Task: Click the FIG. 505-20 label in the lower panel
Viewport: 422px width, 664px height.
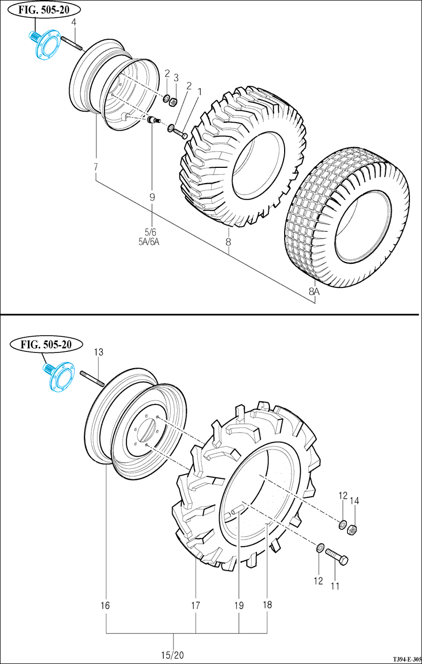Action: point(47,344)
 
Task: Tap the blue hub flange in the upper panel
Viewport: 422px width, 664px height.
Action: point(44,45)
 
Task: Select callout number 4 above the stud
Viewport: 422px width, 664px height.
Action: point(74,22)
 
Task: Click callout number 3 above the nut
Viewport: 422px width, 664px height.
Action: point(176,78)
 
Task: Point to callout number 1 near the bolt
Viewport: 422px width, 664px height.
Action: point(199,91)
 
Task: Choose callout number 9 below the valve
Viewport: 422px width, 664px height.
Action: point(152,197)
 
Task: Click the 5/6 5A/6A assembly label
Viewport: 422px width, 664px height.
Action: point(151,237)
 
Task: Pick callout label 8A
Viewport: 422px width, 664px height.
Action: point(313,291)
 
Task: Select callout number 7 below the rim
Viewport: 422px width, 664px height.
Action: point(96,167)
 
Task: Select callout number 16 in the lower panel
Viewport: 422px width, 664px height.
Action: point(105,605)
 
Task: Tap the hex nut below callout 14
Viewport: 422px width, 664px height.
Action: point(353,529)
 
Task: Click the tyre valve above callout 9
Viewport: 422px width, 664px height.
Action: point(153,121)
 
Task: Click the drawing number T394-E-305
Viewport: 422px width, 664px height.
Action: point(407,658)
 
